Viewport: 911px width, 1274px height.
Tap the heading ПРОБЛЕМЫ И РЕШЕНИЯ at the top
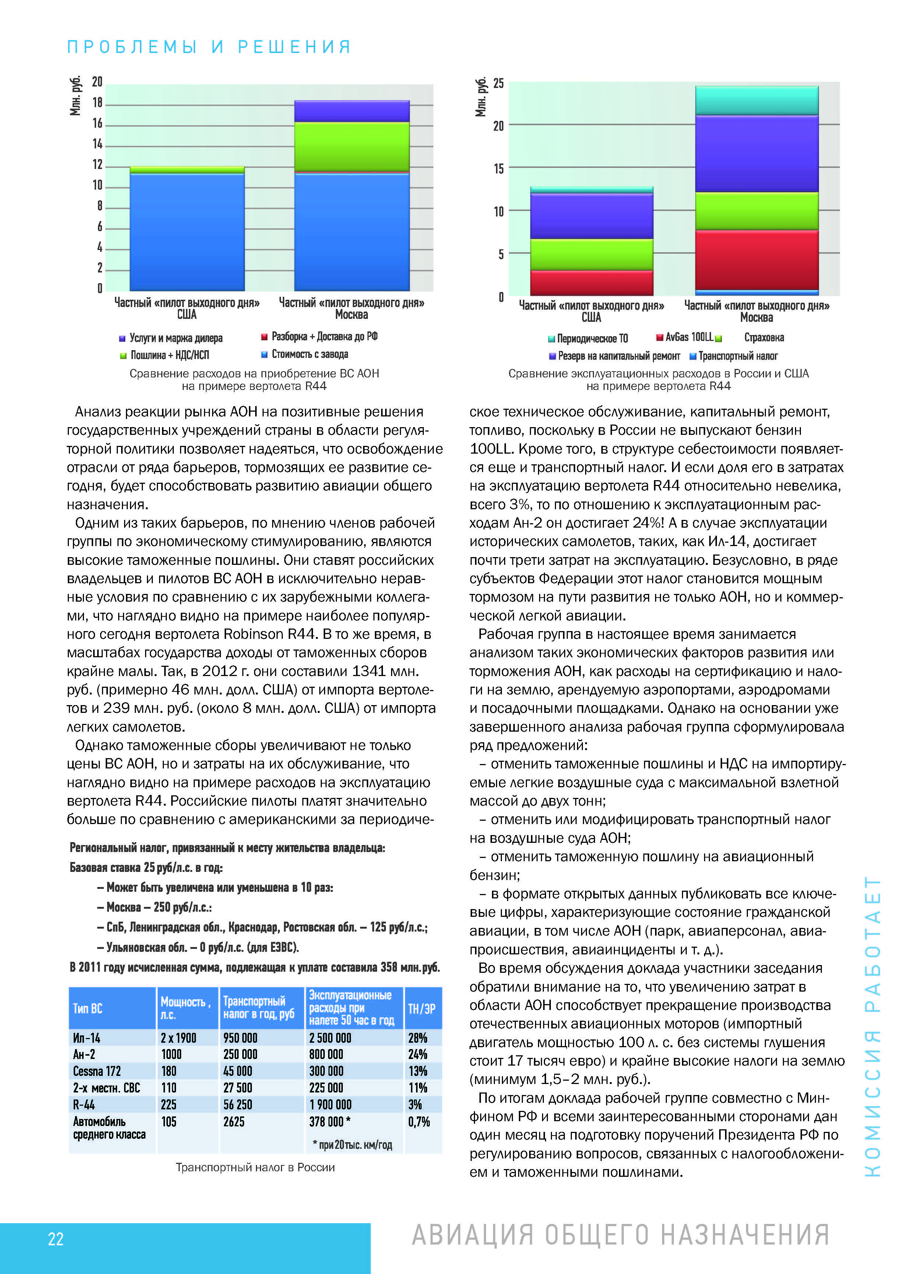[x=209, y=47]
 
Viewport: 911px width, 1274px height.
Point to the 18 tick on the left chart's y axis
[x=98, y=103]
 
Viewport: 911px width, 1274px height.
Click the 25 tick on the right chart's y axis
[x=498, y=84]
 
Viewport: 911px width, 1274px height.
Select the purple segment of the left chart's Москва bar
[x=352, y=111]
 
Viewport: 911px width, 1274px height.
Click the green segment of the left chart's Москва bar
[x=352, y=147]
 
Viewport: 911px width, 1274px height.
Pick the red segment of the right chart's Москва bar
[x=756, y=260]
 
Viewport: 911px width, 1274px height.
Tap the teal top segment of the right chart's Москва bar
[x=756, y=101]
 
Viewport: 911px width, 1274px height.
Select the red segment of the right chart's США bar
[x=591, y=283]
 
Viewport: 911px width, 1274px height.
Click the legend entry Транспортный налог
[x=738, y=356]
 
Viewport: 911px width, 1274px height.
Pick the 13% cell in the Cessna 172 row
[x=417, y=1071]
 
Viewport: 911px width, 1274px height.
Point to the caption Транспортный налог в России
[x=255, y=1168]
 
